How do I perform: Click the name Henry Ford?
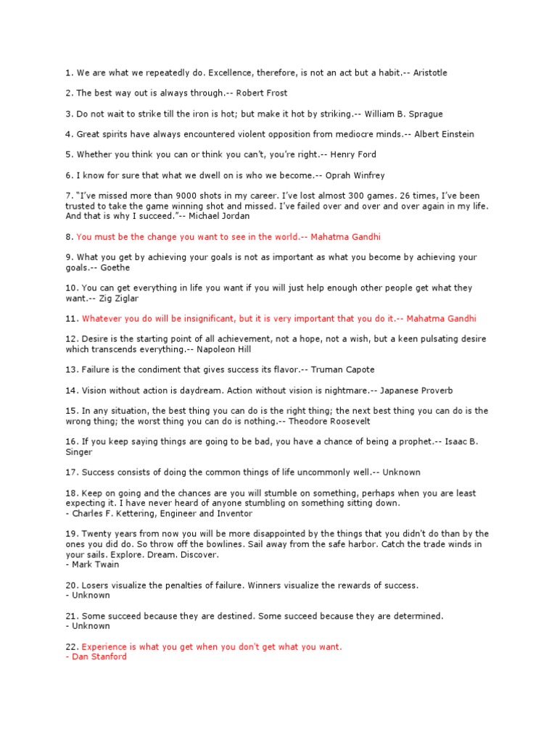click(352, 154)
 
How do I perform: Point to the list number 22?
click(70, 646)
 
